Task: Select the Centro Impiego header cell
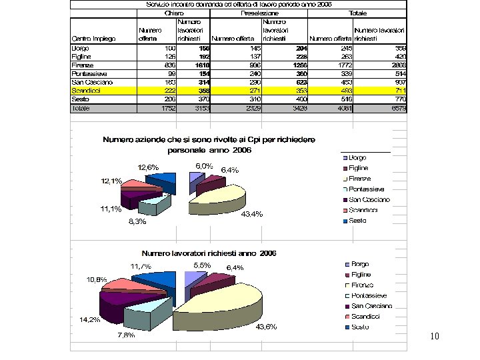pyautogui.click(x=93, y=39)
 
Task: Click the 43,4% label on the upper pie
pyautogui.click(x=251, y=214)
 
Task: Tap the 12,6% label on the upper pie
pyautogui.click(x=148, y=167)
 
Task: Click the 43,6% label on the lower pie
pyautogui.click(x=267, y=327)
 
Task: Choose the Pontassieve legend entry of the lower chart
pyautogui.click(x=371, y=295)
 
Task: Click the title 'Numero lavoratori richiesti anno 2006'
pyautogui.click(x=208, y=253)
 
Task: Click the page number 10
pyautogui.click(x=434, y=336)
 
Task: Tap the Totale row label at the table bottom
pyautogui.click(x=81, y=107)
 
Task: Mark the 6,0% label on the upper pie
pyautogui.click(x=204, y=165)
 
